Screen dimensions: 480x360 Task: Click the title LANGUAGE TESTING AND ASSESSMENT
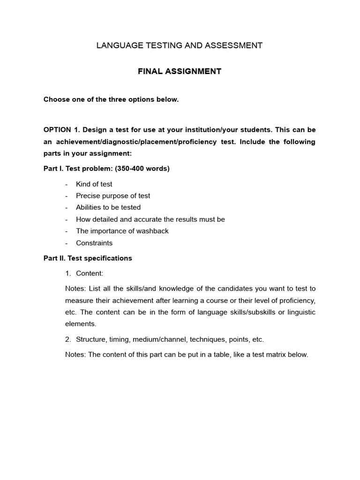[180, 45]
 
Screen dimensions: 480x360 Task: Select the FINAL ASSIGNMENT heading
[180, 71]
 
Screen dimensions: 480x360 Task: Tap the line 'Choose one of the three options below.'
[111, 100]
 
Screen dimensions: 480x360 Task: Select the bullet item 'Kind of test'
[94, 184]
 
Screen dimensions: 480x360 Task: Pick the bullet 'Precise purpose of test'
[113, 196]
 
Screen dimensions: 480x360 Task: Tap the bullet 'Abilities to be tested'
[108, 208]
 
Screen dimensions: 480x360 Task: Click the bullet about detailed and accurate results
[150, 219]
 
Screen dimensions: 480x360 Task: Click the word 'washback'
[151, 231]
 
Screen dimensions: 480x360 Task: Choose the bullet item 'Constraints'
[94, 243]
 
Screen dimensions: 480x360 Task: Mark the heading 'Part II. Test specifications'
[88, 258]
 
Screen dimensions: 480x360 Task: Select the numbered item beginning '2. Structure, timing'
[164, 339]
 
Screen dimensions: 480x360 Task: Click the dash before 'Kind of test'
[67, 184]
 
